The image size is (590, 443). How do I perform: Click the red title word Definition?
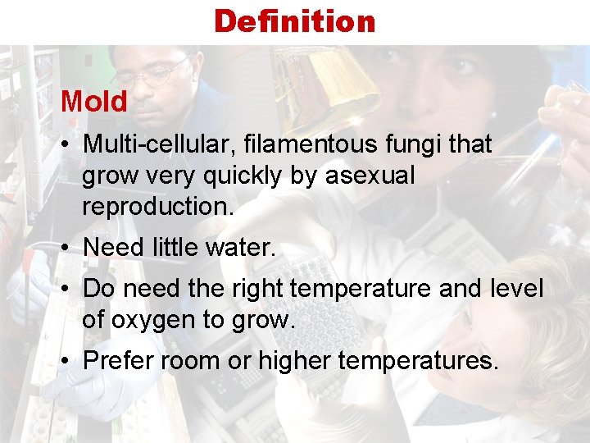pos(294,21)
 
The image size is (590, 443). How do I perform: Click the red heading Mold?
pos(94,103)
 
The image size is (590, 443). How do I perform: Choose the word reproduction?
pos(157,207)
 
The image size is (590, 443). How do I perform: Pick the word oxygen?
pos(157,320)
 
